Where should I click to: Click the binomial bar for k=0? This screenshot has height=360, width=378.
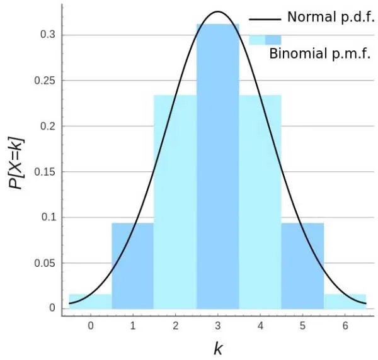click(x=90, y=301)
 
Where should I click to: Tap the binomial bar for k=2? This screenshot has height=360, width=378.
click(x=175, y=201)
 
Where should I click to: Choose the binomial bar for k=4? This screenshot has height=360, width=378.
click(x=260, y=201)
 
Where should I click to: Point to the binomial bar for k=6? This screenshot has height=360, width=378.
click(x=345, y=301)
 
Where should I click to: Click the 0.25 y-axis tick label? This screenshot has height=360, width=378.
click(x=43, y=81)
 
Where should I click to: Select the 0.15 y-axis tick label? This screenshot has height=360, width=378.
click(x=43, y=172)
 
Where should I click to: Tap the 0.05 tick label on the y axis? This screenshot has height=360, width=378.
click(x=43, y=263)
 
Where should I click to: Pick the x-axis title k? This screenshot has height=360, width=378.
click(x=218, y=348)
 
